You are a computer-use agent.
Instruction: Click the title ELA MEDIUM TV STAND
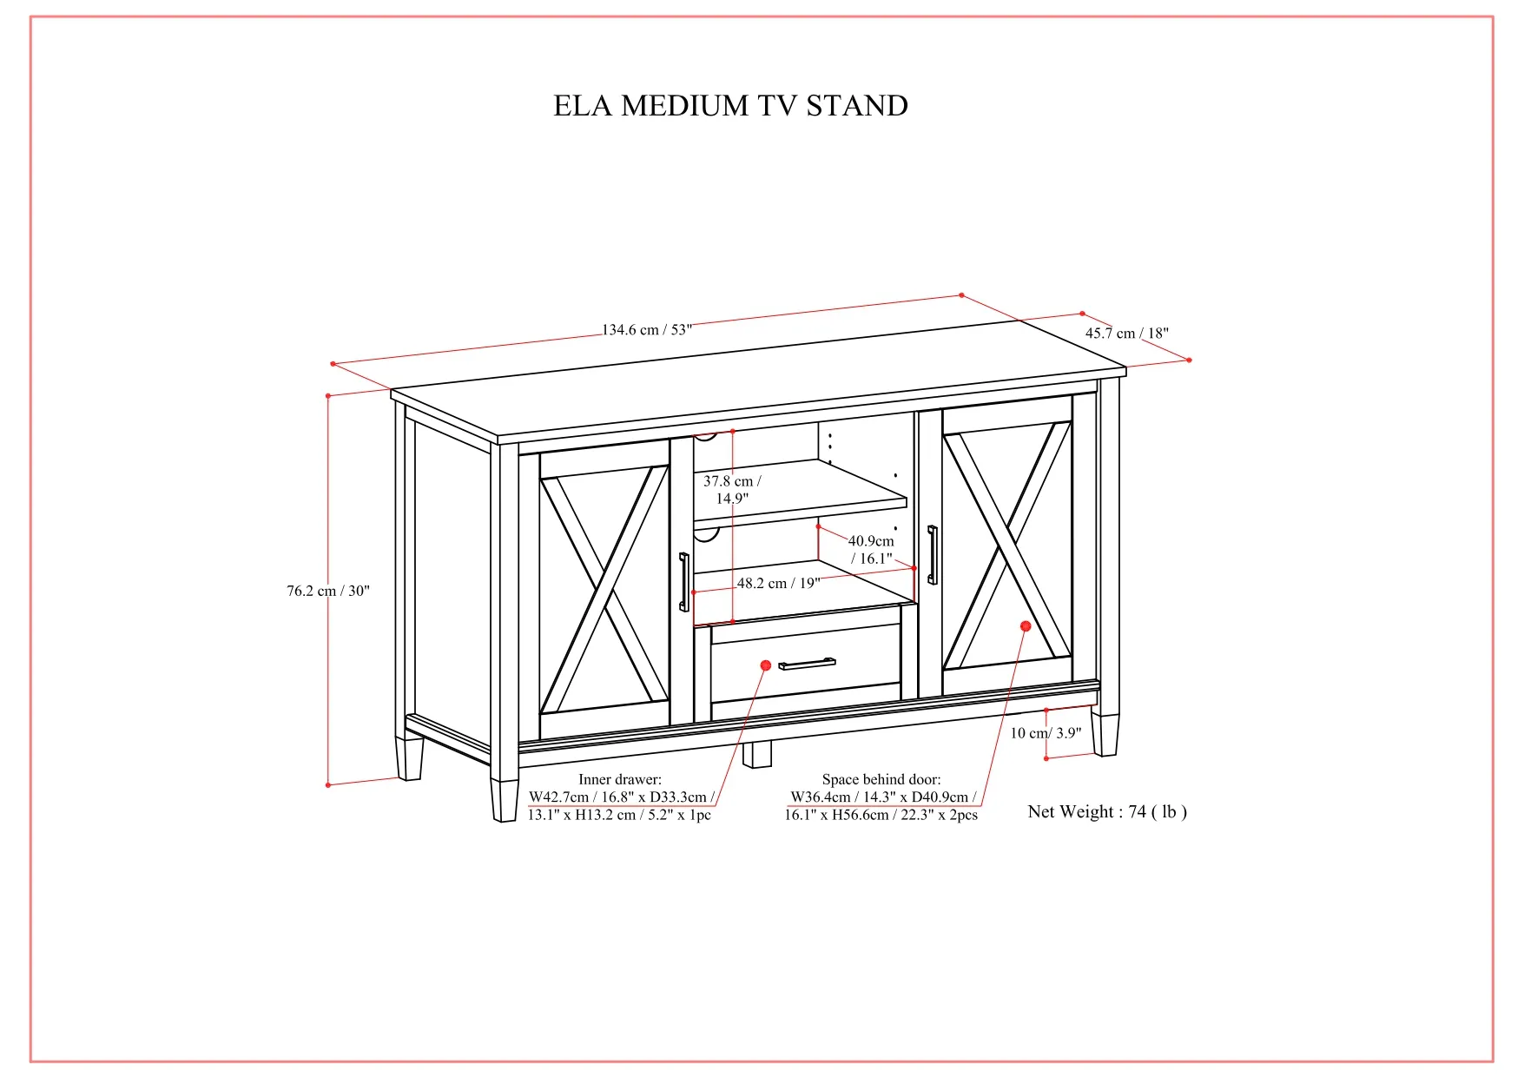point(731,106)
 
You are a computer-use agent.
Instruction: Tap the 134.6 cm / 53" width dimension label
point(647,330)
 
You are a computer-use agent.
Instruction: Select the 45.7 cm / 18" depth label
point(1127,333)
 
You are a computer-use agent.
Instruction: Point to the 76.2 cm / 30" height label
point(328,591)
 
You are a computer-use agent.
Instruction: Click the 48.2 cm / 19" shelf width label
point(778,583)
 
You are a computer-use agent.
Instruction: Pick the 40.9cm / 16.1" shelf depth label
point(871,550)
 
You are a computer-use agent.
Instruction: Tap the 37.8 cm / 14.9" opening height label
point(732,489)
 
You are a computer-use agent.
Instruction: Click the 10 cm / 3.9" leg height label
point(1046,733)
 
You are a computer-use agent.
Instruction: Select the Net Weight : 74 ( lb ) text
point(1107,811)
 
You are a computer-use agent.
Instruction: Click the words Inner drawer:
point(620,779)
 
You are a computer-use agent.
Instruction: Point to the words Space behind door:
point(881,779)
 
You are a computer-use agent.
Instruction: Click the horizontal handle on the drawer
point(807,665)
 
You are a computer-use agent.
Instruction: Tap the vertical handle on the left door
point(684,581)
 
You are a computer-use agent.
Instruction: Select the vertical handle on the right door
point(933,554)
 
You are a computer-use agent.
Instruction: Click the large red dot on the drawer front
point(766,665)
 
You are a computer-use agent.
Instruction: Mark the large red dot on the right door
point(1026,626)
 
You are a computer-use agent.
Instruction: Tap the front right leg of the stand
point(1105,735)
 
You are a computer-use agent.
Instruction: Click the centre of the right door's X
point(1007,545)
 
